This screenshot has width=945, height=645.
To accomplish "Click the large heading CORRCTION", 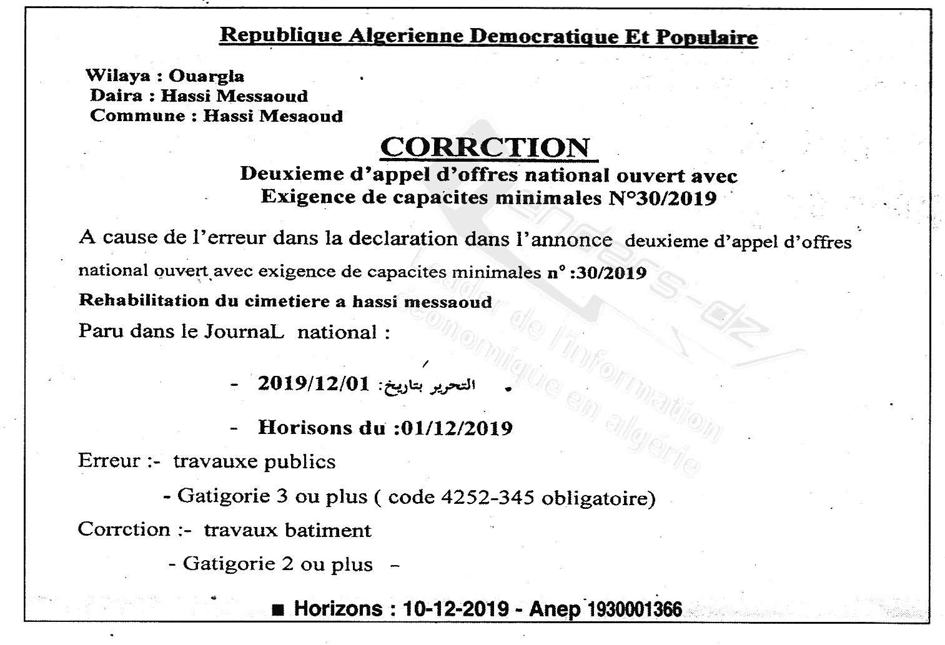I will tap(485, 148).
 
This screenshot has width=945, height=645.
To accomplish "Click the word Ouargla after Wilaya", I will tap(206, 77).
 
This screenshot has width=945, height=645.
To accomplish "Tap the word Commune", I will tap(138, 116).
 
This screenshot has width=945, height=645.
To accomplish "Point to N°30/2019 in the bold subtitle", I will tap(662, 199).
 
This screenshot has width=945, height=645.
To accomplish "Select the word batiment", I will tap(327, 531).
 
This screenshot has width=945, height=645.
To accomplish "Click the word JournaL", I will tap(244, 332).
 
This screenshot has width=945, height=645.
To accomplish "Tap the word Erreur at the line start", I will tap(109, 461).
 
